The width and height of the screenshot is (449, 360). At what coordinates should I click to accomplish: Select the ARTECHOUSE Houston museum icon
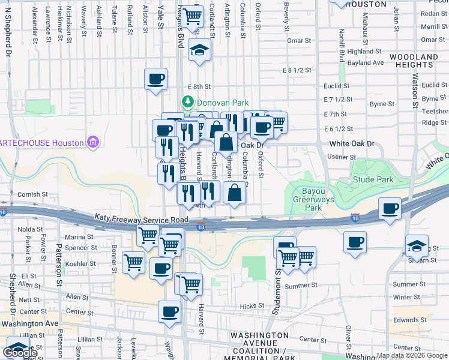92,143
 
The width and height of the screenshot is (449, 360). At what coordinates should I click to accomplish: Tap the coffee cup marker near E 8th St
156,79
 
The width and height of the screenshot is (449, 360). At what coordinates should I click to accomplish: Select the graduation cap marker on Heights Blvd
200,50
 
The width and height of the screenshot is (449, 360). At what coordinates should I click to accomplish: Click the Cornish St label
32,194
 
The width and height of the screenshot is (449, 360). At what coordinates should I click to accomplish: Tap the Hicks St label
252,306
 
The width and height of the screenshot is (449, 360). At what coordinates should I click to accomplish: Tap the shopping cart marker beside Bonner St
133,262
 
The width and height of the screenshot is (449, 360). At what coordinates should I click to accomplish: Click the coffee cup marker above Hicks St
169,311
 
